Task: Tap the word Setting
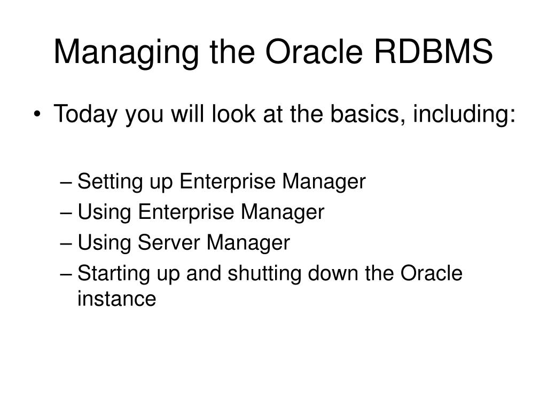coord(105,183)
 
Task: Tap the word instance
coord(116,299)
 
